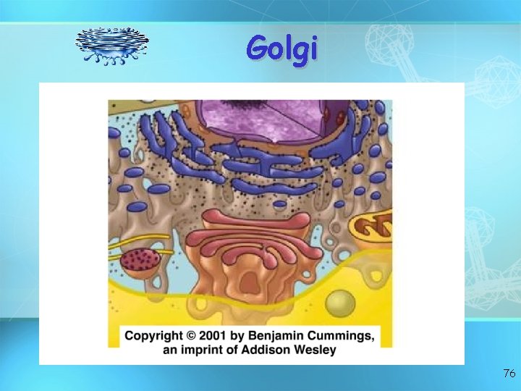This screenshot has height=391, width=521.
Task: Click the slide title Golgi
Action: coord(281,48)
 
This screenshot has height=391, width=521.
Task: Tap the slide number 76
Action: coord(509,374)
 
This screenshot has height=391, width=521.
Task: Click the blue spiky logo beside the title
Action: coord(112,46)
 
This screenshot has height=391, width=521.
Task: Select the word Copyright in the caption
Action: coord(154,336)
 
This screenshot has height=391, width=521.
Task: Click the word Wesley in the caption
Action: coord(315,350)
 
